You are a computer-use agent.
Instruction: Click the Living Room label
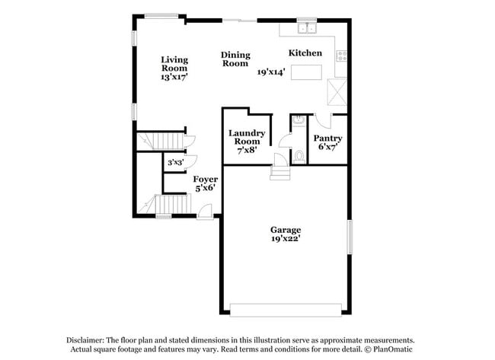click(x=174, y=64)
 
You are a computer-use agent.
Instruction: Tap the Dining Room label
click(x=235, y=59)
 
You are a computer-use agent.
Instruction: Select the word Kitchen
click(x=305, y=53)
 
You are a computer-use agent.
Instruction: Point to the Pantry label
click(x=328, y=139)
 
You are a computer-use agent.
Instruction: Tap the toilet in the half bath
click(x=299, y=155)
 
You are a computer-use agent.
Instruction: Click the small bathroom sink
click(x=298, y=120)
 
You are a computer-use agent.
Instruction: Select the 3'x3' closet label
click(x=175, y=162)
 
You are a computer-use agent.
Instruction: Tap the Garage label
click(x=286, y=230)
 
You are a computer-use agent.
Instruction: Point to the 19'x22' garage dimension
click(x=286, y=239)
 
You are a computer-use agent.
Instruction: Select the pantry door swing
click(x=322, y=119)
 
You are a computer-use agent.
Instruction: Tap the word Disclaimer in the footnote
click(x=91, y=339)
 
